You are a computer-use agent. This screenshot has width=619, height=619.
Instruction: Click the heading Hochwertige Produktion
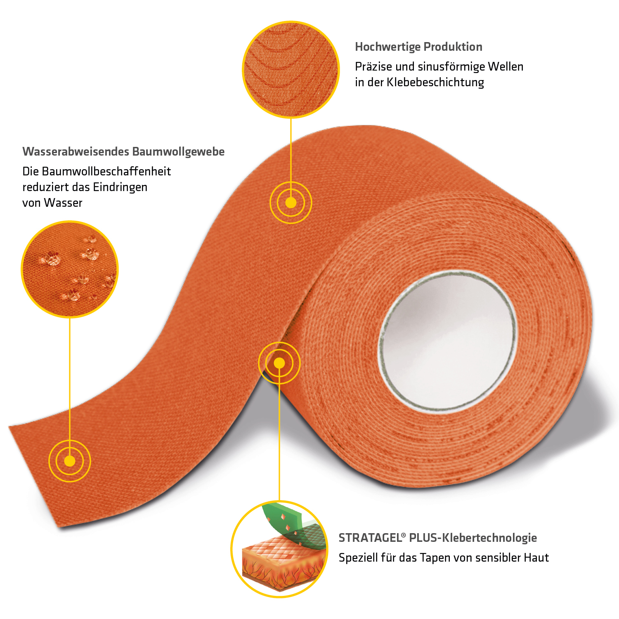(418, 47)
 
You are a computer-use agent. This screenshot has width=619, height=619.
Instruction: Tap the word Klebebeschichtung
(435, 83)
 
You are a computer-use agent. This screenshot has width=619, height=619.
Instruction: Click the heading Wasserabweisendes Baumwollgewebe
(123, 152)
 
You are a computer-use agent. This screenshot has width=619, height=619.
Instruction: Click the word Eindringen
(120, 187)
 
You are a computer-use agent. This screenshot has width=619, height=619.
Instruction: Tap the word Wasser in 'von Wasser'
(63, 203)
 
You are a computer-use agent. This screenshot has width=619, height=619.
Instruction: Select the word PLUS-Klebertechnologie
(473, 538)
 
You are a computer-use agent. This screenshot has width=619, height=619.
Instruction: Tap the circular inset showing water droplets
(70, 269)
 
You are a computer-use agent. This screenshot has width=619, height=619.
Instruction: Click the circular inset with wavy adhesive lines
(291, 69)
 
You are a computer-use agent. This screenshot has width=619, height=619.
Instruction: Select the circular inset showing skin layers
(279, 549)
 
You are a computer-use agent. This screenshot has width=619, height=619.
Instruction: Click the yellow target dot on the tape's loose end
(70, 461)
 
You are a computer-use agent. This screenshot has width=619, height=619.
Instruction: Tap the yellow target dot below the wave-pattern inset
(291, 203)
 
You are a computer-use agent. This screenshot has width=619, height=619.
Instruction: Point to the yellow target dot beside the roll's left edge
(279, 363)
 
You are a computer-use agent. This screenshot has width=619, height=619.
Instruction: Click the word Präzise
(373, 67)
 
